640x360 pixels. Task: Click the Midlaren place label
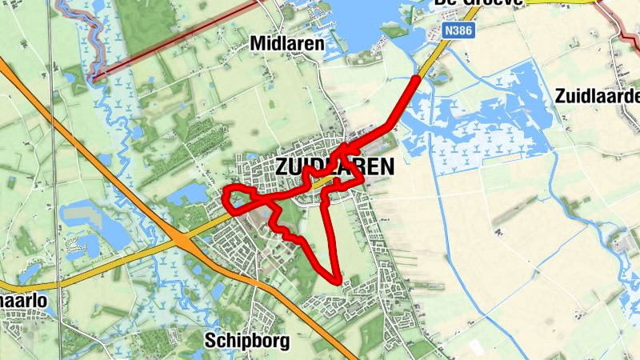point(287,44)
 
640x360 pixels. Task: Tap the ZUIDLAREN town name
point(335,167)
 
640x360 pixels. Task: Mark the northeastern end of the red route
point(416,78)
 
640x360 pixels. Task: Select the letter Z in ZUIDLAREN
point(281,167)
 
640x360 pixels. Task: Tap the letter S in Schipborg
point(210,339)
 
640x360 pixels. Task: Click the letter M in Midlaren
point(258,44)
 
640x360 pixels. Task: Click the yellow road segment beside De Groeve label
point(560,2)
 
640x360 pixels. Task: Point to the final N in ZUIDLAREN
point(388,167)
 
